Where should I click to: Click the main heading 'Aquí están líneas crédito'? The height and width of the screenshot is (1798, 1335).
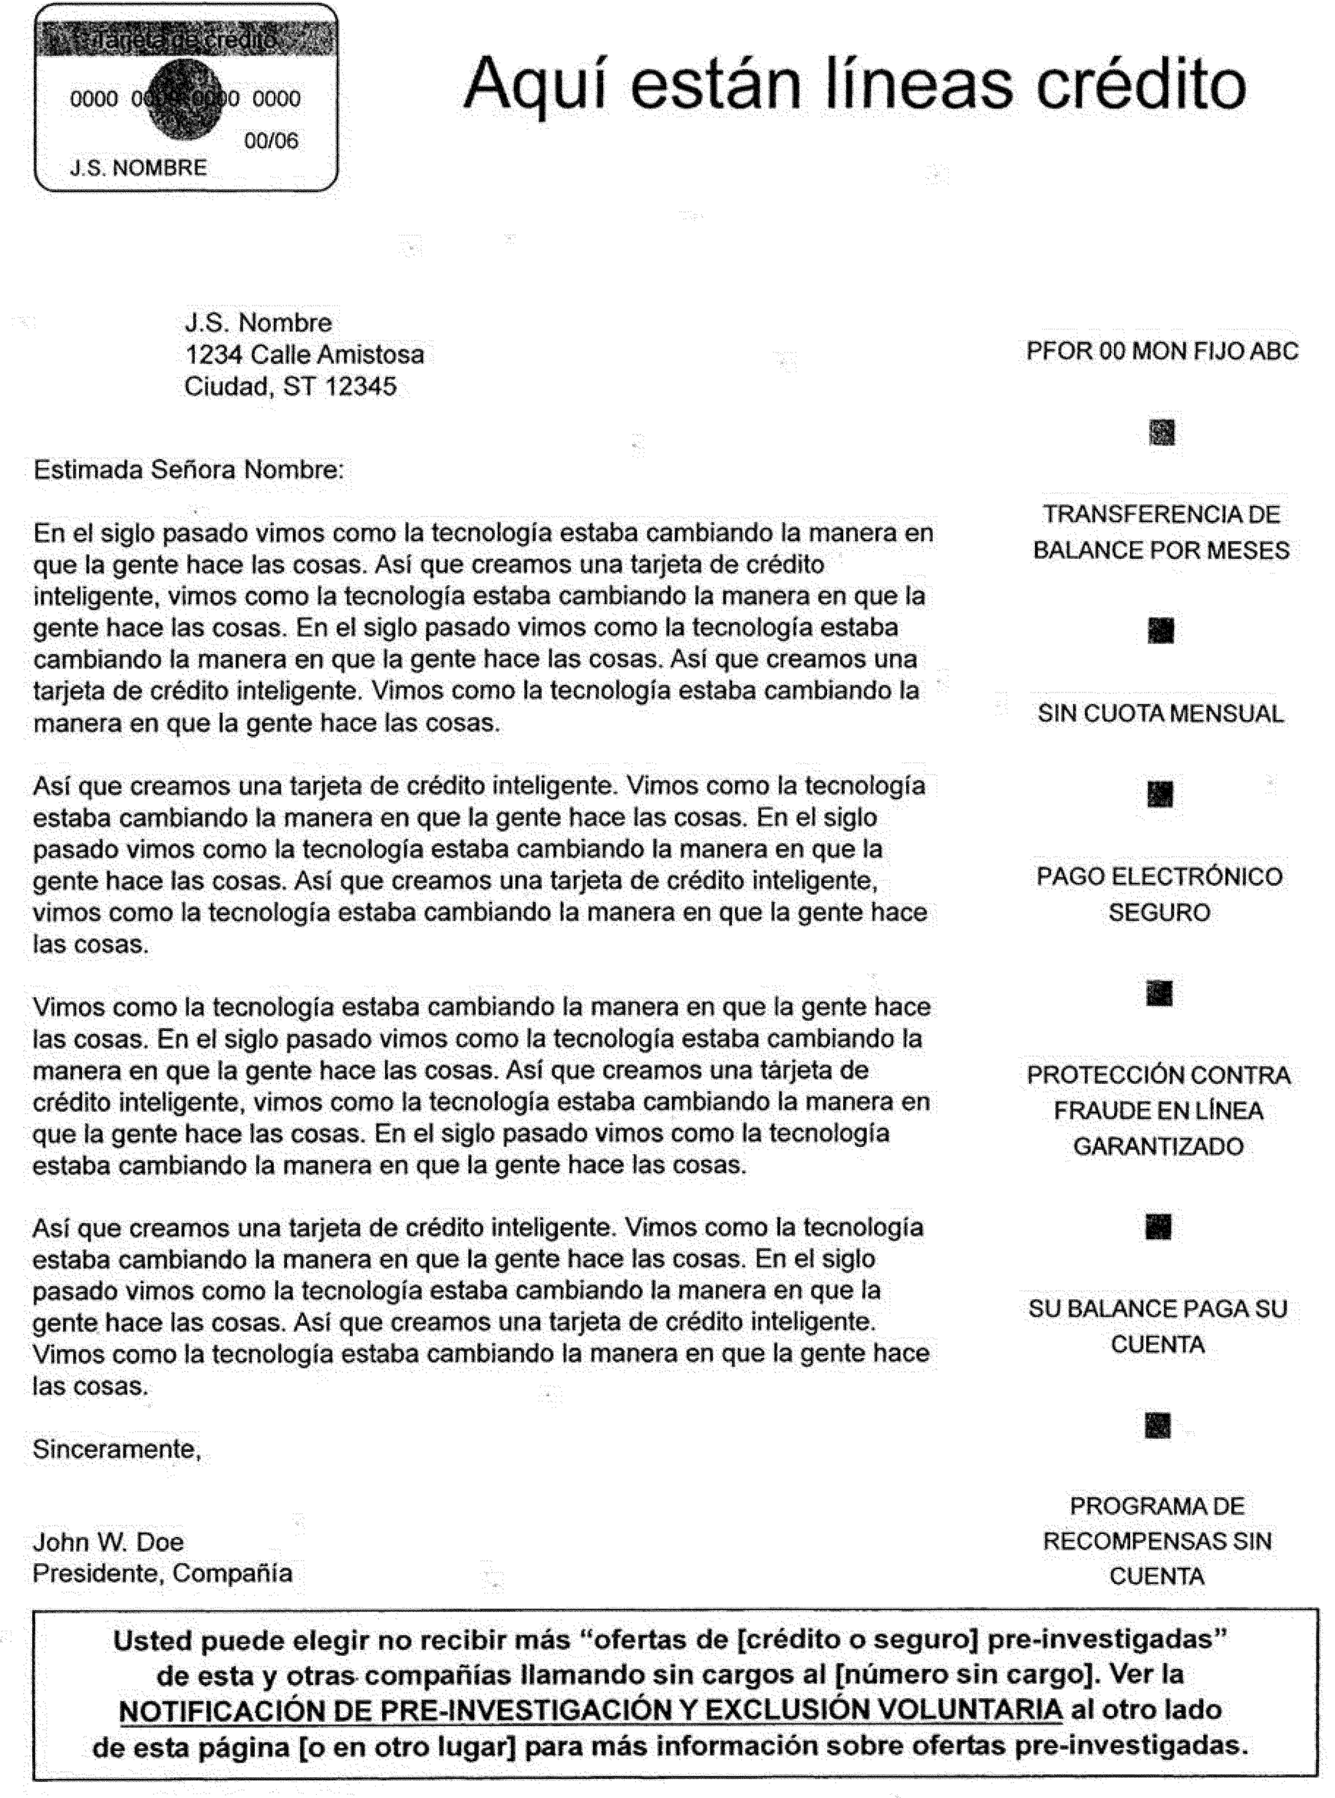click(x=854, y=84)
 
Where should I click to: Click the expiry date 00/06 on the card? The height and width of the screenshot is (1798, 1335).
click(x=271, y=141)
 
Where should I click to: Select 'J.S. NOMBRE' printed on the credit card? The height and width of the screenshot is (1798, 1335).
click(x=138, y=168)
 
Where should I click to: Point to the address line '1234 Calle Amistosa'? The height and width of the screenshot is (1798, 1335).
click(x=304, y=354)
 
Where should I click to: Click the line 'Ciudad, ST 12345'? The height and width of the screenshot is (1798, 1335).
click(x=290, y=386)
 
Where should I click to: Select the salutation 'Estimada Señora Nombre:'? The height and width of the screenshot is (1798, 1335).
click(x=188, y=470)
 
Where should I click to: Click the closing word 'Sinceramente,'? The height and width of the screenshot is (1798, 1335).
click(x=117, y=1449)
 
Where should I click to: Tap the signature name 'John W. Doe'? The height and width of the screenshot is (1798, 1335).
click(x=107, y=1541)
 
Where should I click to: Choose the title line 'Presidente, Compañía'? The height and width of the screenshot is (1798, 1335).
click(x=162, y=1573)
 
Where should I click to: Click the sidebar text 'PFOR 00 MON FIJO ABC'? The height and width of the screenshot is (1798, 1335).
click(x=1162, y=351)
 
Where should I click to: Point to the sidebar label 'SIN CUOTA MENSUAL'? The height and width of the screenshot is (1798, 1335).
click(x=1160, y=713)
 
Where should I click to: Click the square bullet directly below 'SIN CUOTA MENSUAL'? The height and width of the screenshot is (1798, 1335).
click(x=1160, y=795)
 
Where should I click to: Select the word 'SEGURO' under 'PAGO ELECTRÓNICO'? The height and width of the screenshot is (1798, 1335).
click(x=1159, y=912)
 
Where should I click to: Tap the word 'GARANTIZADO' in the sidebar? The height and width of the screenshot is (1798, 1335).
click(x=1158, y=1146)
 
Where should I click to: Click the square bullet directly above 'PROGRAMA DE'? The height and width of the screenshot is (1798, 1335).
click(x=1158, y=1426)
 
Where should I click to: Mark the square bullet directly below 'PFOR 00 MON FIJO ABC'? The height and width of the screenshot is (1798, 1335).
click(x=1162, y=432)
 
